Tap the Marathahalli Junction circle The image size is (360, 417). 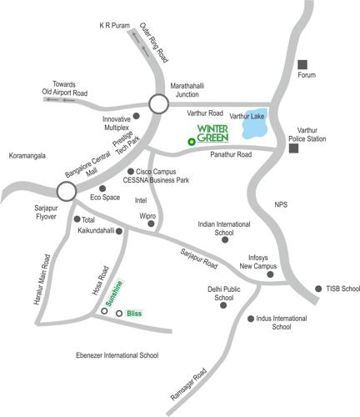pos(158,103)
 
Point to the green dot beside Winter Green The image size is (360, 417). pos(192,142)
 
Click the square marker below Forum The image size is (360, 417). pos(302,64)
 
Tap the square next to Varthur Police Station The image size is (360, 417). pos(293,148)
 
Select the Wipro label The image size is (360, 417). pos(147,215)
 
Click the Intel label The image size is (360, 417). pos(141,200)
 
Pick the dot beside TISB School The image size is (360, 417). pos(317,289)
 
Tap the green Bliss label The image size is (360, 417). pos(134,314)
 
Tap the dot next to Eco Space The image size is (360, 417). pos(102,188)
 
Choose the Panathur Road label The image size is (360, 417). pos(231,154)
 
